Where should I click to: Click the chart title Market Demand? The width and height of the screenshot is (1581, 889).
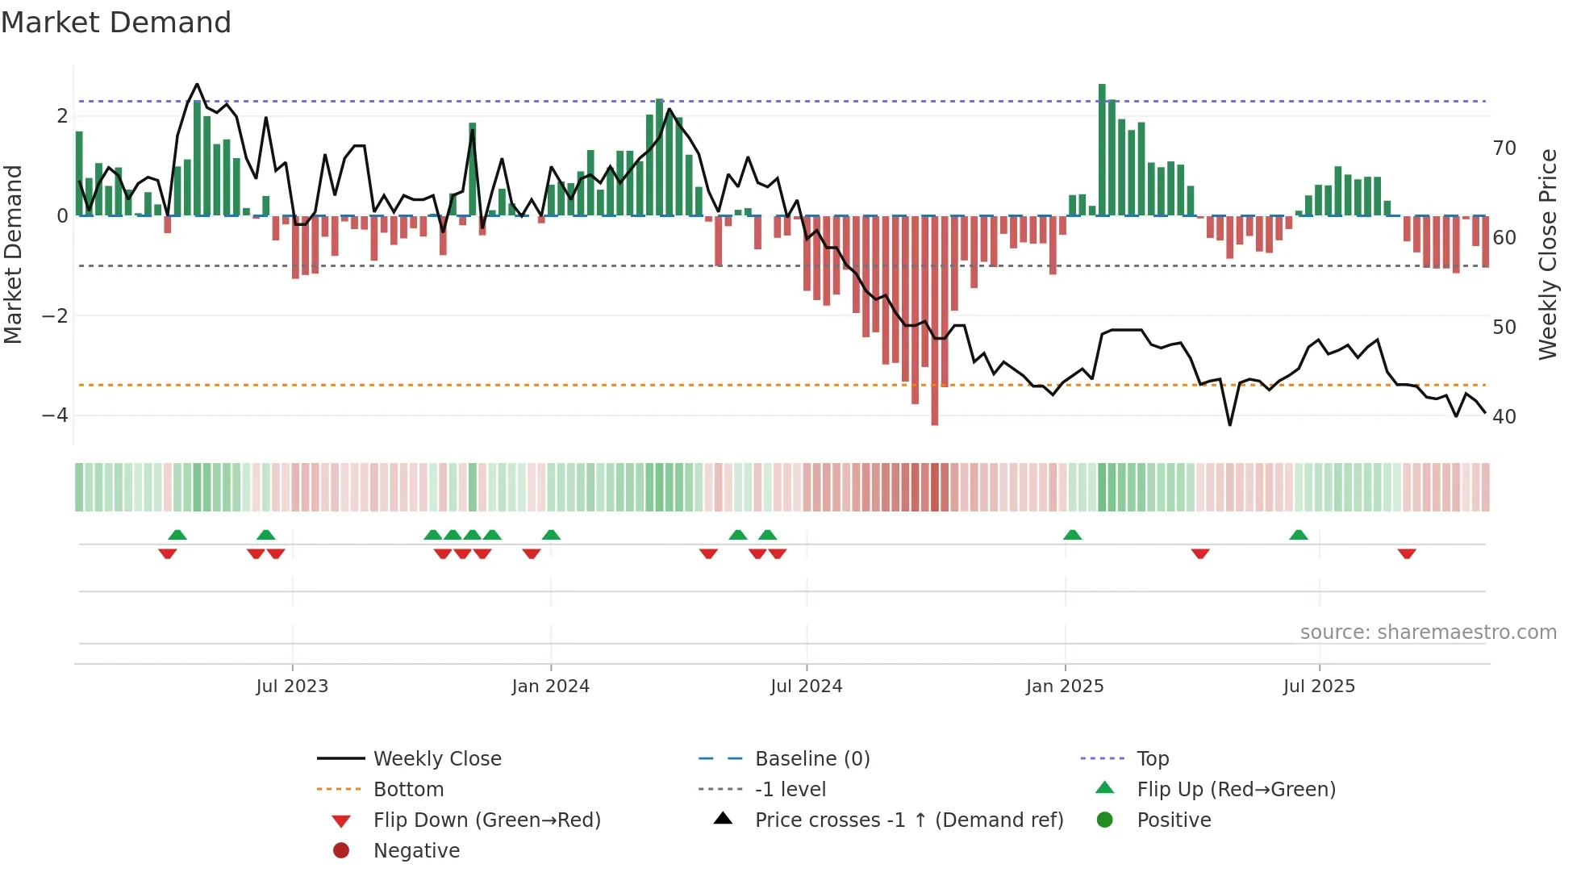(x=116, y=23)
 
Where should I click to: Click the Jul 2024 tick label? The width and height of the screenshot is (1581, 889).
(x=806, y=687)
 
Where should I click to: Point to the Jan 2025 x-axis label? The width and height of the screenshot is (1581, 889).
(x=1064, y=687)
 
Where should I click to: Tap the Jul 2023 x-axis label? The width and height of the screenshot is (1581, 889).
(x=292, y=687)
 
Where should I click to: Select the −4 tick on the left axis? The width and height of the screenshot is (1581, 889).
(x=55, y=415)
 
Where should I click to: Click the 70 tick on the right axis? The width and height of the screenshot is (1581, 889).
(x=1504, y=148)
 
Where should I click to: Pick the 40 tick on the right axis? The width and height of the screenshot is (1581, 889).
(x=1504, y=417)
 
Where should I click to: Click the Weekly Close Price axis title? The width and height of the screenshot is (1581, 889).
(x=1547, y=254)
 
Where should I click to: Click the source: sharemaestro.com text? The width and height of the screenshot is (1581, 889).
(x=1428, y=632)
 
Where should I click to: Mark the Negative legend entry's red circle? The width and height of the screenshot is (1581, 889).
(x=341, y=851)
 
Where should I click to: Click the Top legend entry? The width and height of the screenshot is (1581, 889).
(x=1153, y=759)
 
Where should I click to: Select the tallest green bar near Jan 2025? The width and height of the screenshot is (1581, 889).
(x=1102, y=150)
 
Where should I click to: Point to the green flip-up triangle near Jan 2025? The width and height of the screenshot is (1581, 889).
(x=1072, y=535)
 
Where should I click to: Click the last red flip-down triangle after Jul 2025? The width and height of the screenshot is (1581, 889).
(x=1407, y=553)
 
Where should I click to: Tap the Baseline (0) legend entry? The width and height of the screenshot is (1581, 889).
(x=811, y=759)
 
